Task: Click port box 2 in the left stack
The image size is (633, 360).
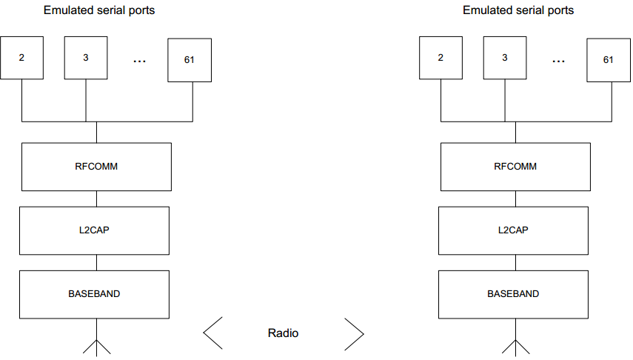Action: pyautogui.click(x=21, y=58)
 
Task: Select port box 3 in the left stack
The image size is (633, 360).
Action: pyautogui.click(x=86, y=58)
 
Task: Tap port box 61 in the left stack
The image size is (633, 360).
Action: pyautogui.click(x=190, y=60)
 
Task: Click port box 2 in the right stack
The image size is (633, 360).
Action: pyautogui.click(x=441, y=58)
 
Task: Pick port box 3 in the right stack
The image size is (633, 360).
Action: pyautogui.click(x=505, y=58)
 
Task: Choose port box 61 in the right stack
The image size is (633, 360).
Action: pyautogui.click(x=609, y=60)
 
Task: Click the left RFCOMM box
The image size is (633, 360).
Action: pyautogui.click(x=96, y=167)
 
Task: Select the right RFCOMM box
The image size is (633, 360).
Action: pyautogui.click(x=515, y=167)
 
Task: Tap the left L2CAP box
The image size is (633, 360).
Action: pyautogui.click(x=95, y=230)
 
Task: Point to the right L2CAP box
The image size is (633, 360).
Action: pyautogui.click(x=514, y=230)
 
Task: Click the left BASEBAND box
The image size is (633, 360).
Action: pyautogui.click(x=95, y=295)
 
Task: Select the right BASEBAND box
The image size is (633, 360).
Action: pyautogui.click(x=514, y=295)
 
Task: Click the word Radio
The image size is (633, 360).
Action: pyautogui.click(x=283, y=333)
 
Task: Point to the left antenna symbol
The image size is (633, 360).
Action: pyautogui.click(x=96, y=347)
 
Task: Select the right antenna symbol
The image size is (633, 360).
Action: pyautogui.click(x=515, y=347)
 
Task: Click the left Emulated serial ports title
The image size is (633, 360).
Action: pyautogui.click(x=99, y=10)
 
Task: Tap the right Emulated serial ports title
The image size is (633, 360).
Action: pyautogui.click(x=518, y=10)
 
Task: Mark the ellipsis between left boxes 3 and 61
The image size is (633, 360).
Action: pyautogui.click(x=139, y=61)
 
